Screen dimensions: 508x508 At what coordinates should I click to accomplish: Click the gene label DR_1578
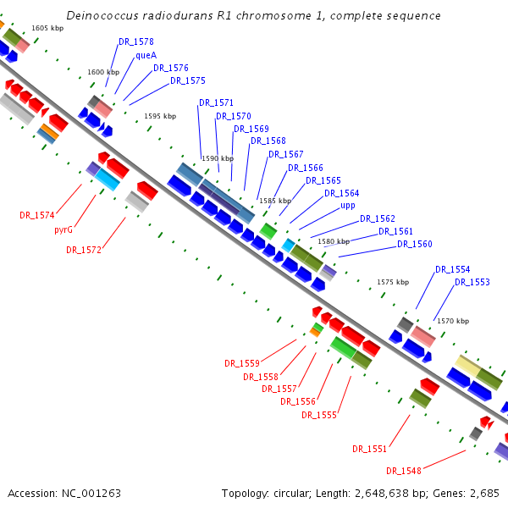pyautogui.click(x=136, y=41)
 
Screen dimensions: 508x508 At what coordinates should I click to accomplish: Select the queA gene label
pyautogui.click(x=146, y=55)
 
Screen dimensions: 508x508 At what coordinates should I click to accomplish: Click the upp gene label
pyautogui.click(x=348, y=206)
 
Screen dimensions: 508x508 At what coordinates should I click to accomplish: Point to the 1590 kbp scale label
pyautogui.click(x=216, y=158)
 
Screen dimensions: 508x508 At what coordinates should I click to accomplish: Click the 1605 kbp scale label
pyautogui.click(x=47, y=28)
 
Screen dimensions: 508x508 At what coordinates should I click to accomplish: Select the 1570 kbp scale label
pyautogui.click(x=451, y=321)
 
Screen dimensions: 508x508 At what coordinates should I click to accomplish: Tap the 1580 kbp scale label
pyautogui.click(x=333, y=241)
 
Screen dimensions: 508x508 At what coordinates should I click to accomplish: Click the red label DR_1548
pyautogui.click(x=404, y=471)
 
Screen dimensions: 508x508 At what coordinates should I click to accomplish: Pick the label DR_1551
pyautogui.click(x=370, y=449)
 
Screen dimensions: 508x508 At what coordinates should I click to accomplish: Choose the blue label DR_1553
pyautogui.click(x=472, y=282)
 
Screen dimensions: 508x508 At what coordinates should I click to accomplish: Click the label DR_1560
pyautogui.click(x=414, y=244)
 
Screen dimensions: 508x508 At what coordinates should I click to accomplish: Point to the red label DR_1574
pyautogui.click(x=37, y=215)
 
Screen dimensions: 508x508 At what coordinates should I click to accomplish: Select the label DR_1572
pyautogui.click(x=84, y=250)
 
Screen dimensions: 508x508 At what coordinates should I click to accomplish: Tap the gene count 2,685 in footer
pyautogui.click(x=484, y=493)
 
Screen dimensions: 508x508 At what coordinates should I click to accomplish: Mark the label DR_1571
pyautogui.click(x=216, y=103)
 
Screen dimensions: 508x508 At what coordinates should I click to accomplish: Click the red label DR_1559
pyautogui.click(x=242, y=363)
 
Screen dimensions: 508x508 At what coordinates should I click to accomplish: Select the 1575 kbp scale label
pyautogui.click(x=392, y=282)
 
